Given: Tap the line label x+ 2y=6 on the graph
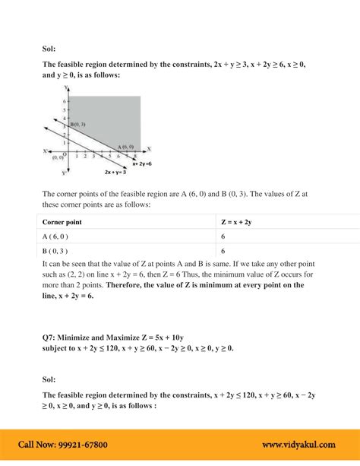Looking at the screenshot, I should coord(142,163).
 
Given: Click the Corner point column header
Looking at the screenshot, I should coord(62,222).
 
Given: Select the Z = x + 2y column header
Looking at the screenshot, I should coord(242,222).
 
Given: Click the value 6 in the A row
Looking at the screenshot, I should coord(223,236).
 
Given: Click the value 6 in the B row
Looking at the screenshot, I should coord(223,250).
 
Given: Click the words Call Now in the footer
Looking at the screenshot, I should coord(35,445).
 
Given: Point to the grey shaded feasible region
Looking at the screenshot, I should coord(114,114).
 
